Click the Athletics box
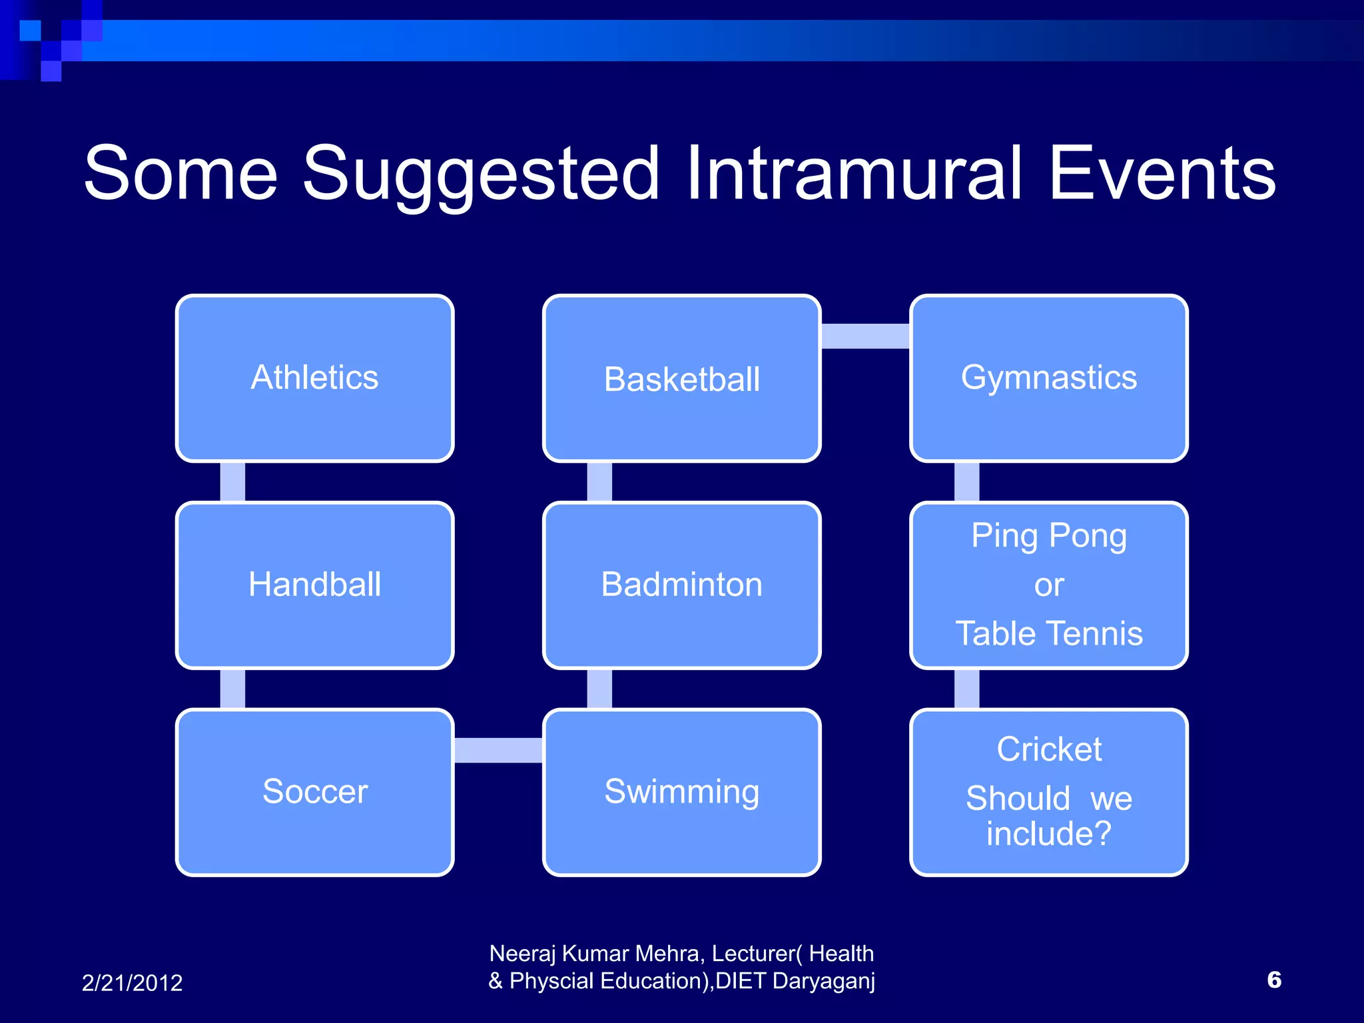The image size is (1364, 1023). (x=314, y=378)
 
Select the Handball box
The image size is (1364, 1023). (x=314, y=585)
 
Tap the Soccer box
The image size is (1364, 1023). (x=314, y=792)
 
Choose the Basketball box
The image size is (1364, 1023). (x=681, y=379)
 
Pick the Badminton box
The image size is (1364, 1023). (x=681, y=585)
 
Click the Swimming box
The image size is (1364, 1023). (x=681, y=792)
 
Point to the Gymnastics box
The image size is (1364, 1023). (x=1048, y=378)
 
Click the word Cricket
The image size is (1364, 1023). (x=1049, y=749)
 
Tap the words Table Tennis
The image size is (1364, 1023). (x=1049, y=633)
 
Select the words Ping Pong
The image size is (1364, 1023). (x=1049, y=536)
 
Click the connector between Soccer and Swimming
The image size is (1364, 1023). (x=498, y=750)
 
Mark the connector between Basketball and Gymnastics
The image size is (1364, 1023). (x=865, y=336)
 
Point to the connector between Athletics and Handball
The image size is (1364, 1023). (x=232, y=482)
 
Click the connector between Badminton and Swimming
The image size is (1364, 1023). (x=599, y=689)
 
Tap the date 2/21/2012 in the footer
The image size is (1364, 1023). (x=132, y=983)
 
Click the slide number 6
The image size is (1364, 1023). (x=1273, y=980)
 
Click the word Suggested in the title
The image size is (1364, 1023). (x=481, y=174)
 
